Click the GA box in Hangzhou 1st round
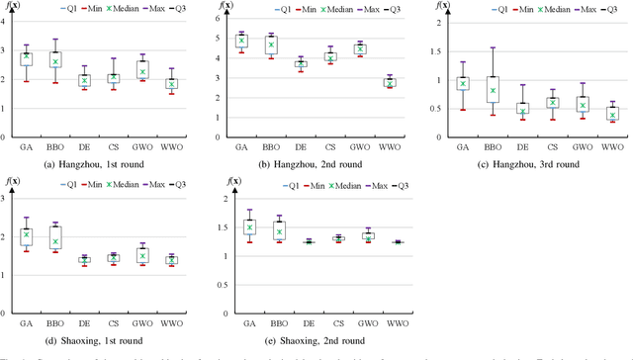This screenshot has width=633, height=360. click(x=26, y=59)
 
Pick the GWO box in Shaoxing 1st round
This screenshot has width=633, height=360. click(x=141, y=255)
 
